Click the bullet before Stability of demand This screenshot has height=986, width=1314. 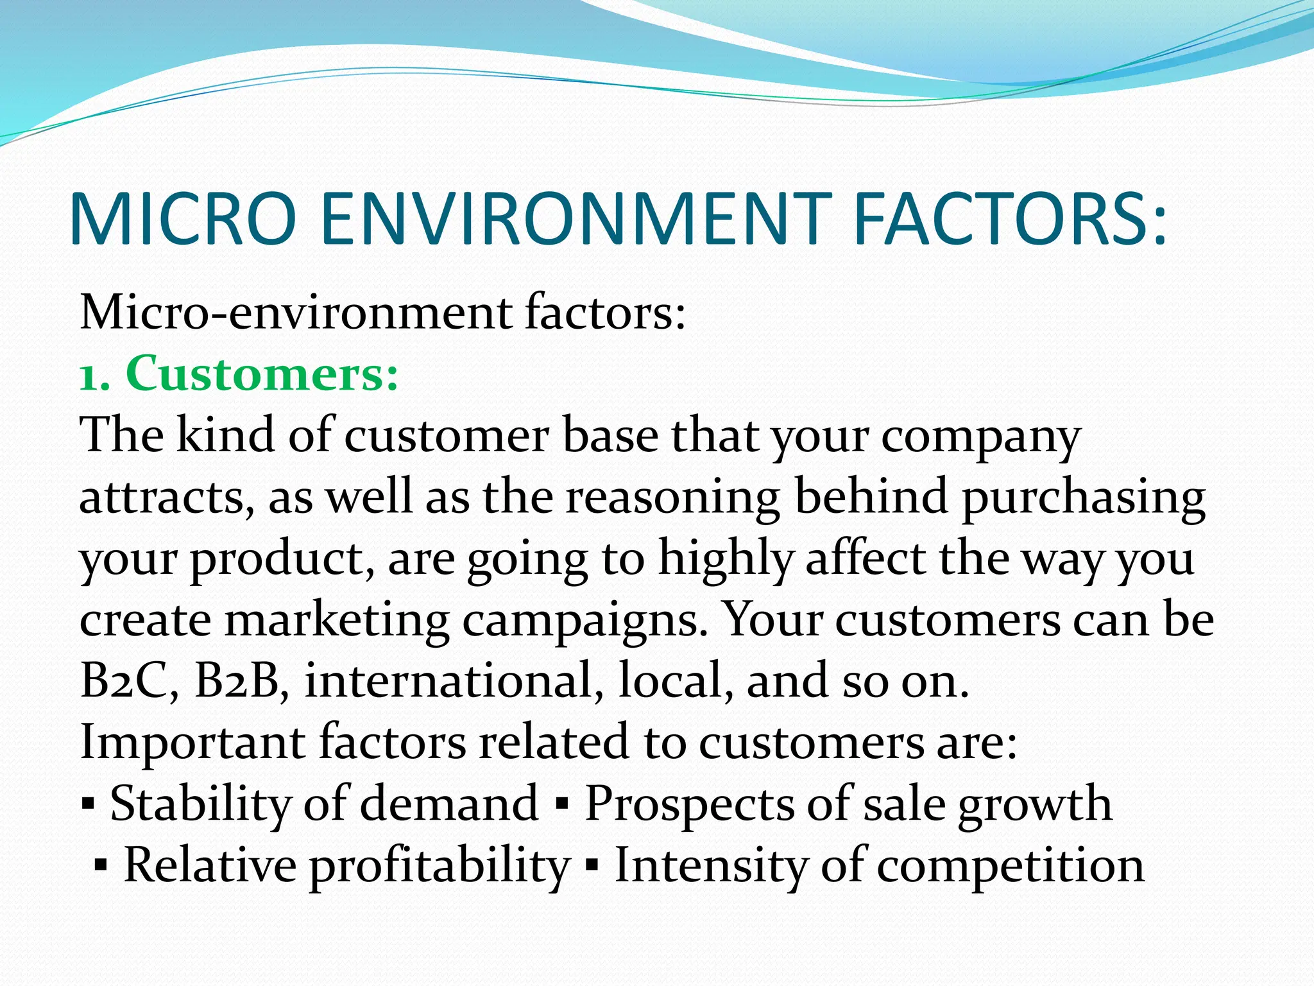coord(89,804)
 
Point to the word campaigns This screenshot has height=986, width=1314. coord(585,621)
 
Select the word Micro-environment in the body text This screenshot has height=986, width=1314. coord(296,313)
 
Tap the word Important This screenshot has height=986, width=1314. coord(192,741)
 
